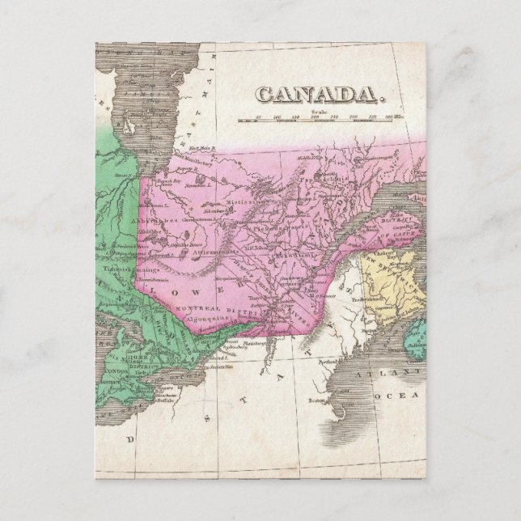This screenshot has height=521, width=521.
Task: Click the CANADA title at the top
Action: click(316, 96)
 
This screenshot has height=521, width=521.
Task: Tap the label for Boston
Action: click(317, 401)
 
